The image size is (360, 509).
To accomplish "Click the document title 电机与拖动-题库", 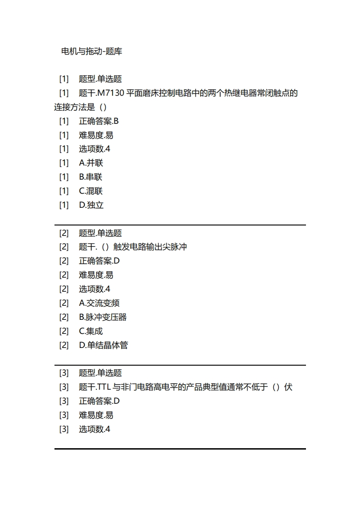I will click(x=91, y=52).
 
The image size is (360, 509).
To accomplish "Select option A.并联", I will click(x=91, y=163).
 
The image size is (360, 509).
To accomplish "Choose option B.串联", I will click(x=91, y=177).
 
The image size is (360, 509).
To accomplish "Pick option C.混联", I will click(x=91, y=191).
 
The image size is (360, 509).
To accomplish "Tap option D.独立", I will click(x=91, y=205).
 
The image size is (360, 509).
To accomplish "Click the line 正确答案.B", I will click(x=99, y=121).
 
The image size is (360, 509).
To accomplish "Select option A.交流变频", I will click(x=99, y=303).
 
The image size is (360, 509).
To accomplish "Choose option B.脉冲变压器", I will click(x=103, y=317).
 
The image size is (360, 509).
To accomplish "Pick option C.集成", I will click(x=91, y=331).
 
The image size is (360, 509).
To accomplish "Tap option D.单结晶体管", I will click(x=104, y=345).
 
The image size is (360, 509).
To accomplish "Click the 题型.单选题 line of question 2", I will click(x=100, y=233).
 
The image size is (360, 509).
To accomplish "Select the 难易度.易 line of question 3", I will click(x=96, y=415).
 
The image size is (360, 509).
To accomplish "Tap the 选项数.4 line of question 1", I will click(x=94, y=149).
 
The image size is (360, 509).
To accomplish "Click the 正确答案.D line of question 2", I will click(x=99, y=261).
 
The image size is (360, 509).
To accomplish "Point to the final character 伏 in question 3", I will click(x=288, y=387).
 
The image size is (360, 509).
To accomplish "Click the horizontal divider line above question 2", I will click(x=180, y=225).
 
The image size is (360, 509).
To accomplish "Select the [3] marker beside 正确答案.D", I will click(x=64, y=401).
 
